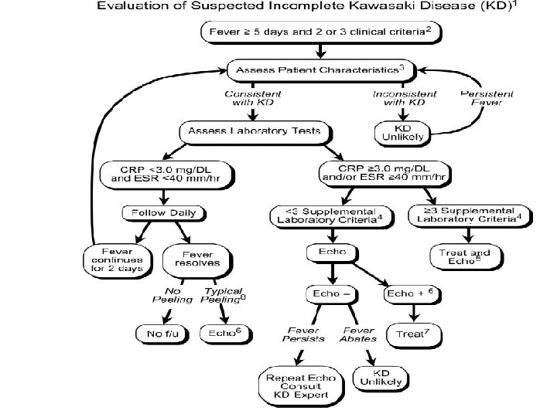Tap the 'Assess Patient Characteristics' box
pos(316,69)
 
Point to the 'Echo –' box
pos(330,294)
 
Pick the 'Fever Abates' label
pos(357,333)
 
